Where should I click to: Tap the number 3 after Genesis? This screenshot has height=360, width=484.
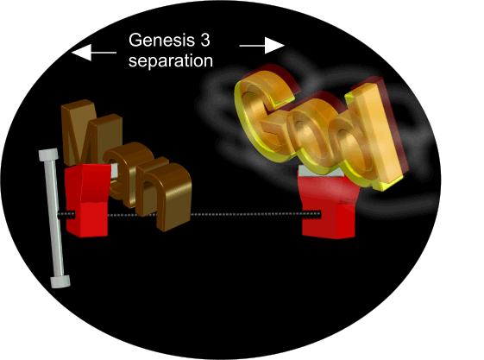205,40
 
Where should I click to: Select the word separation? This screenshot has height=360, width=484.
171,60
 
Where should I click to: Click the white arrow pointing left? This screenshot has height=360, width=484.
94,53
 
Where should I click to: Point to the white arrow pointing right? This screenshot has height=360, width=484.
261,46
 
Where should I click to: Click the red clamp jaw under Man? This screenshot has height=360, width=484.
87,200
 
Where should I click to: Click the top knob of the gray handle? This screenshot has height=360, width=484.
48,155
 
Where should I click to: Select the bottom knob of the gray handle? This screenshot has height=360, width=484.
60,281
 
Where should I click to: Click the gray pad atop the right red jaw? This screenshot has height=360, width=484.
321,171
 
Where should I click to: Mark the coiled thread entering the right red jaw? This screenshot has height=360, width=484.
311,214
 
